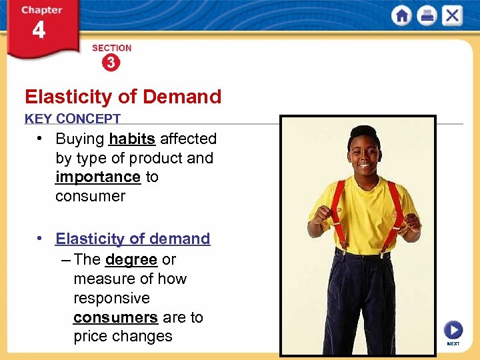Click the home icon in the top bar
(401, 15)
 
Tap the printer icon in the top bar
(426, 15)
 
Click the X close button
(451, 15)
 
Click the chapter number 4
(39, 31)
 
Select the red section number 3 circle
(111, 63)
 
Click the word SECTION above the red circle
(111, 48)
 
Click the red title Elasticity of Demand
(123, 97)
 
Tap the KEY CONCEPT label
(73, 119)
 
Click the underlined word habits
(132, 139)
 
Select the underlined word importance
(98, 177)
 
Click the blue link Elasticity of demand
(133, 239)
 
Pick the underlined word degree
(131, 259)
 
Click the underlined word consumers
(115, 317)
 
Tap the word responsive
(111, 298)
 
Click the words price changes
(123, 337)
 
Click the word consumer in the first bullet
(90, 196)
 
